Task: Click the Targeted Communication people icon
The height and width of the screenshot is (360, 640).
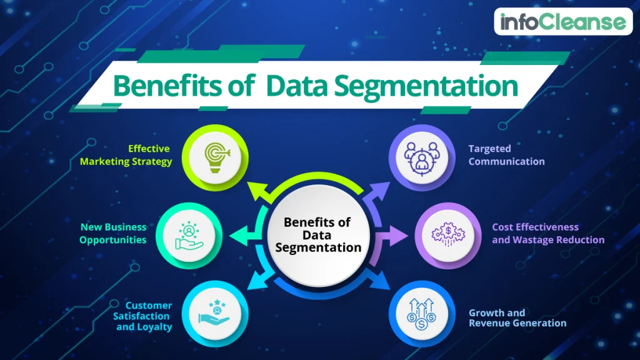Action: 421,156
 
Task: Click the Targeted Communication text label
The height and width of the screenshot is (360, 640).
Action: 506,155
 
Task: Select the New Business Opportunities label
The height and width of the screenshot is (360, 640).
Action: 113,234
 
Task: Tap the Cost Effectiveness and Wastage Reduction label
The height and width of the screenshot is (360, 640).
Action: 547,234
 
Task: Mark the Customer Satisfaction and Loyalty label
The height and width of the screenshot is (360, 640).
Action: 144,316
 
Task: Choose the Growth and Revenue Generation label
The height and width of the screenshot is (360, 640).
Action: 517,317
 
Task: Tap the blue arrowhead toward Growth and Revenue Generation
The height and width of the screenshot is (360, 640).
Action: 382,282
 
